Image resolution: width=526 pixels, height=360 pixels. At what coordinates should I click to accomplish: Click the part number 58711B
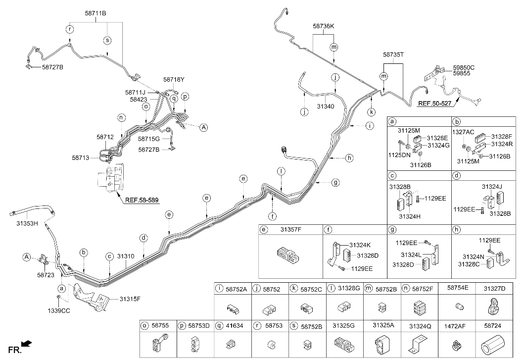pyautogui.click(x=96, y=13)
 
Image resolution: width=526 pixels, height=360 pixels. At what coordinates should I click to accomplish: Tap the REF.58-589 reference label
pyautogui.click(x=142, y=201)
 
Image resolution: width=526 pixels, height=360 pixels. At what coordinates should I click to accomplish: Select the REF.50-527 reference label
pyautogui.click(x=434, y=103)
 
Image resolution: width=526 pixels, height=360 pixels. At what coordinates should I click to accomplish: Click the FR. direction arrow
pyautogui.click(x=27, y=343)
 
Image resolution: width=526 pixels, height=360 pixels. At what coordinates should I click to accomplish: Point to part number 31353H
pyautogui.click(x=27, y=223)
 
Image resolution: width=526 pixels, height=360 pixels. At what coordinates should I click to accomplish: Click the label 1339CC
pyautogui.click(x=59, y=311)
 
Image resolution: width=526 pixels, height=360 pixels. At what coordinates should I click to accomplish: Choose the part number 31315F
pyautogui.click(x=130, y=299)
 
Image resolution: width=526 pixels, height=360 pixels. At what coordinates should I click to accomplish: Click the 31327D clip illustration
pyautogui.click(x=494, y=306)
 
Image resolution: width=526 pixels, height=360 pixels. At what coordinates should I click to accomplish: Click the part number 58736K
pyautogui.click(x=324, y=26)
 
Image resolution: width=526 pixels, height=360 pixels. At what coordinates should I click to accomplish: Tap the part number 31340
pyautogui.click(x=326, y=106)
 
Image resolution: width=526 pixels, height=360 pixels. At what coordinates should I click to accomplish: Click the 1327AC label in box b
pyautogui.click(x=463, y=132)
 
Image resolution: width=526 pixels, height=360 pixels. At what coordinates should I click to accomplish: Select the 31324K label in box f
pyautogui.click(x=360, y=245)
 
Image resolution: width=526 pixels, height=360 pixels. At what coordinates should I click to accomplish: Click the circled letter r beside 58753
pyautogui.click(x=257, y=326)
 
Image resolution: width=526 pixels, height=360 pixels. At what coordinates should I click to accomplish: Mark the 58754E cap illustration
pyautogui.click(x=459, y=306)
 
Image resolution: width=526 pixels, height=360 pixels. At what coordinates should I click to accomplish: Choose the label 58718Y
pyautogui.click(x=174, y=80)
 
